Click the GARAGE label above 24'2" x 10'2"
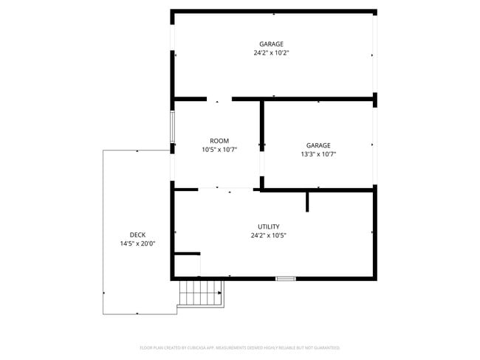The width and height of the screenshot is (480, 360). click(271, 44)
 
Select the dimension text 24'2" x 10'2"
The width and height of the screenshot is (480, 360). click(271, 53)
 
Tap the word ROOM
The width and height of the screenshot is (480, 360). click(219, 141)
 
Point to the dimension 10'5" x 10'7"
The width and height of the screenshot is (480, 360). click(219, 150)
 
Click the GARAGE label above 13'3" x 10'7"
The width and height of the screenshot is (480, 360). click(318, 145)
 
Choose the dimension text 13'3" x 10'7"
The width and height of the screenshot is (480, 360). click(318, 154)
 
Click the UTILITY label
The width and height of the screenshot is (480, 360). click(269, 226)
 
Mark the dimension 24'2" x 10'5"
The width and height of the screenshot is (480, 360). click(269, 235)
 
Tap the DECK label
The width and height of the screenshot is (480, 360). click(137, 235)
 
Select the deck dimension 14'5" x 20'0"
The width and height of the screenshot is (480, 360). click(137, 243)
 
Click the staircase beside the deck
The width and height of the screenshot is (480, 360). click(201, 293)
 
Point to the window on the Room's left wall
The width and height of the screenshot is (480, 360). click(173, 127)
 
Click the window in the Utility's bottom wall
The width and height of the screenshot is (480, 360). click(286, 279)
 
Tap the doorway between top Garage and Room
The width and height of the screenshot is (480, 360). click(219, 98)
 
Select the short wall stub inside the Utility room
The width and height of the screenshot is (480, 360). click(307, 201)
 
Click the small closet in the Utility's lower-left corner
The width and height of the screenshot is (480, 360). click(187, 266)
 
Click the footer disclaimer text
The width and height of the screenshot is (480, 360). click(240, 347)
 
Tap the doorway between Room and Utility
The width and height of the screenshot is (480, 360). click(225, 190)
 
